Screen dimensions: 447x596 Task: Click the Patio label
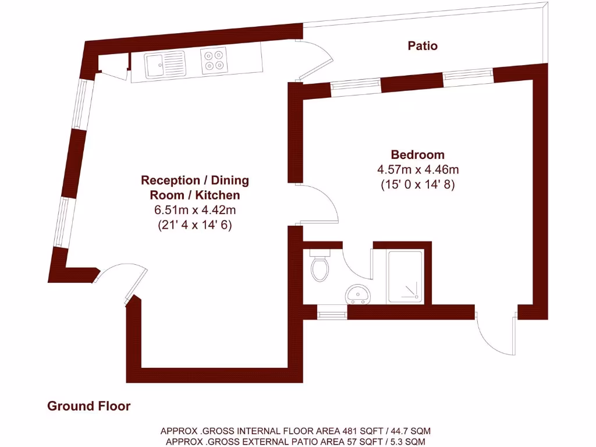tap(422, 45)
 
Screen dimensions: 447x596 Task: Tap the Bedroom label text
tap(417, 155)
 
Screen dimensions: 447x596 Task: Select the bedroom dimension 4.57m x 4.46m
tap(417, 170)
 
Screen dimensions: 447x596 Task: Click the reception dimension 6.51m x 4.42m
tap(195, 210)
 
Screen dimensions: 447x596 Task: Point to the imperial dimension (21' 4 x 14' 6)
tap(195, 225)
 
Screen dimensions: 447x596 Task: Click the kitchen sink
tap(165, 63)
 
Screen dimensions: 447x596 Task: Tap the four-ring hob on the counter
tap(213, 61)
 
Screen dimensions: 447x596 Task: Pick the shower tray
tap(407, 276)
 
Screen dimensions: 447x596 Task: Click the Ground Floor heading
tap(88, 406)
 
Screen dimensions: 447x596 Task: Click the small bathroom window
tap(332, 315)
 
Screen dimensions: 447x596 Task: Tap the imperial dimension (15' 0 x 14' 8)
tap(417, 185)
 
